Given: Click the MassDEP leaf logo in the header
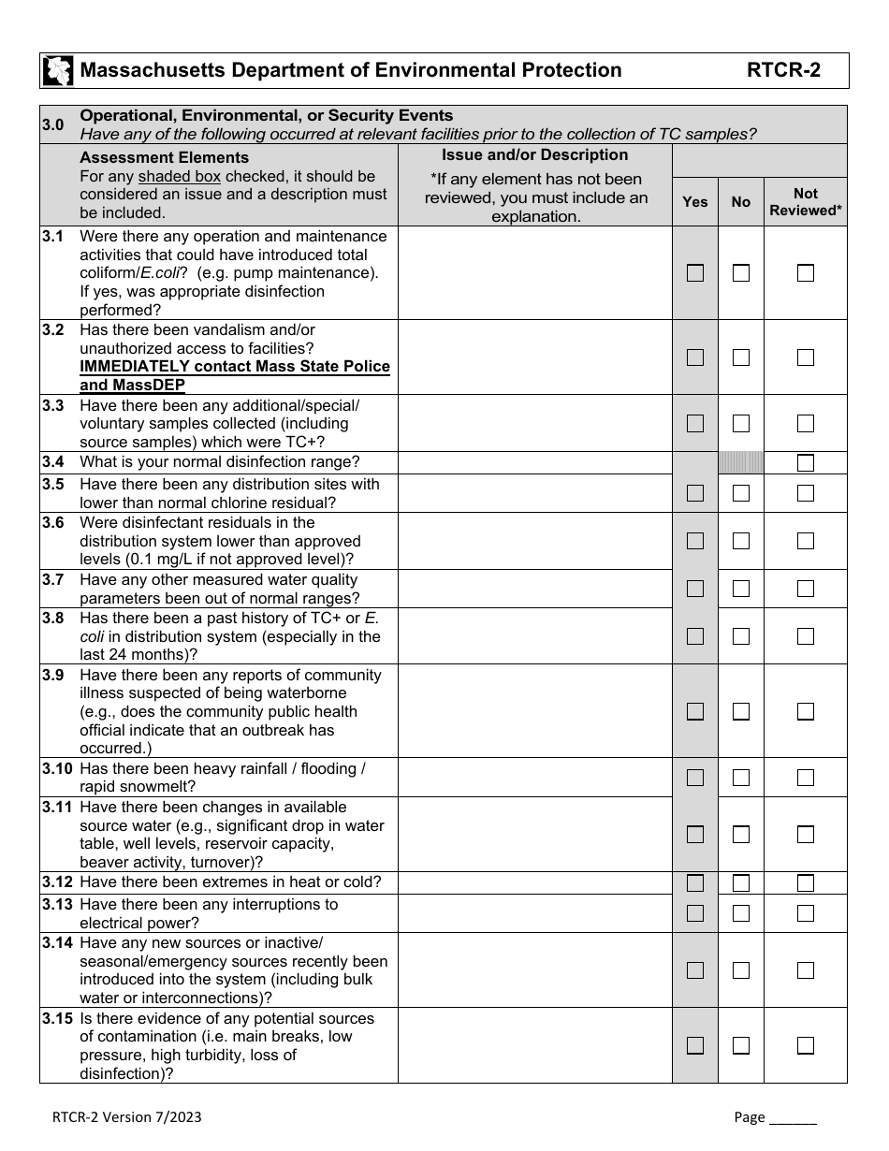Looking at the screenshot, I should pos(58,70).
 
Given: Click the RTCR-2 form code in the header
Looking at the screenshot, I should pos(783,70).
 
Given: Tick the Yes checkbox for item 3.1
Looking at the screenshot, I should pos(695,273).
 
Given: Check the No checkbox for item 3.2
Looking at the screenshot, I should pos(741,357).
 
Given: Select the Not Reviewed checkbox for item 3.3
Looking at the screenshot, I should pos(806,424).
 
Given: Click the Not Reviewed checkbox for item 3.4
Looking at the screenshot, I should pos(806,462).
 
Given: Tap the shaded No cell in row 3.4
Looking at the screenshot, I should pos(741,462).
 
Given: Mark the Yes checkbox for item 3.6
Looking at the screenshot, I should pos(695,541).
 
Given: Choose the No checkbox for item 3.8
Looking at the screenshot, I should pos(741,636).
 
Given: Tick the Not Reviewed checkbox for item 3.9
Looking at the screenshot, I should pos(806,711).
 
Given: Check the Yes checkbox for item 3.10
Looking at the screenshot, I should pos(695,778).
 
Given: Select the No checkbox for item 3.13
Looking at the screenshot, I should pos(741,913).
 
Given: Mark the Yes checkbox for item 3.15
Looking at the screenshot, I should pos(695,1045).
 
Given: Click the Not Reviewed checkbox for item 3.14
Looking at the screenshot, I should pos(806,970).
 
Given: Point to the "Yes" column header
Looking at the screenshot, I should pos(695,201).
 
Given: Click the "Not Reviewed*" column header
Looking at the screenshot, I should pos(806,201).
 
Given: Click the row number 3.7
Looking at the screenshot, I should pos(53,580).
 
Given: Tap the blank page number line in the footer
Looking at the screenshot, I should pos(792,1116).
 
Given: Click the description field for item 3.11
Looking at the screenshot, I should pos(534,834).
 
